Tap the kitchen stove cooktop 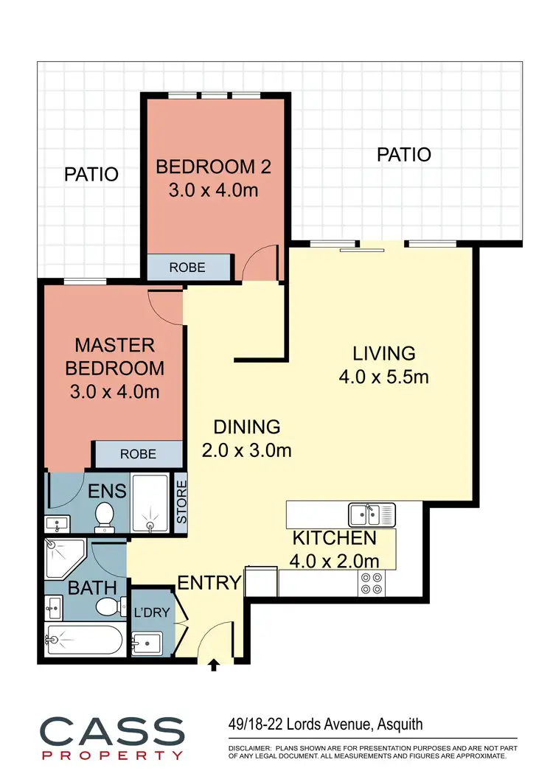point(372,583)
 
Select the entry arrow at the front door point(215,666)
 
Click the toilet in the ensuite point(104,516)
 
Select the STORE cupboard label point(181,502)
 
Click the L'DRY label point(151,611)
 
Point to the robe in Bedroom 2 point(188,267)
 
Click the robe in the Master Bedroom point(137,454)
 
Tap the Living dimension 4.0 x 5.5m point(383,377)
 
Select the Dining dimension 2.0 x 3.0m point(246,450)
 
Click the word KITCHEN point(334,538)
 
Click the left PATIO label point(91,175)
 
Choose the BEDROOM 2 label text point(213,167)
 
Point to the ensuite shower point(150,505)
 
